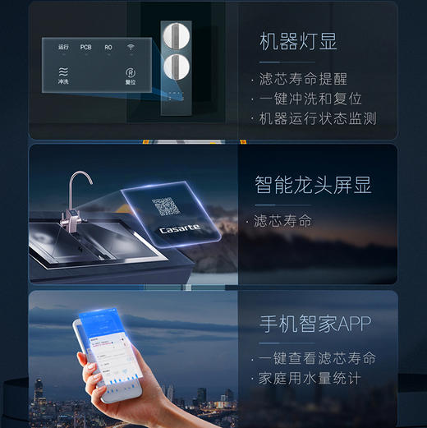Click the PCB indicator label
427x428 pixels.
pos(86,48)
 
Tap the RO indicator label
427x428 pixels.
pos(108,48)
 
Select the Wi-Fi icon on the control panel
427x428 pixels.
pos(131,47)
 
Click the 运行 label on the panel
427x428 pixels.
pos(64,48)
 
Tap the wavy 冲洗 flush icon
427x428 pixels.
pos(63,72)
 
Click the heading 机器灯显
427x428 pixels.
pos(297,42)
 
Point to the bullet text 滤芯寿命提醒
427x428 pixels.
pos(303,79)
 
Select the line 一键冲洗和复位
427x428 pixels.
pos(310,99)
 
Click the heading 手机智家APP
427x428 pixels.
pos(313,324)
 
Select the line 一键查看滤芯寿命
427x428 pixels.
pos(317,358)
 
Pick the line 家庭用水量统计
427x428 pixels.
pos(310,379)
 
